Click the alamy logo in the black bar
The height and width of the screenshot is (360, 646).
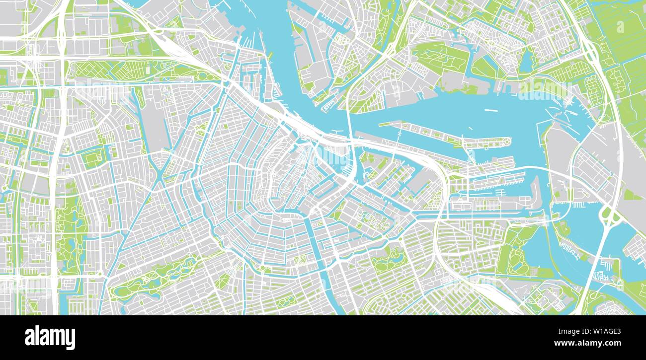pos(50,338)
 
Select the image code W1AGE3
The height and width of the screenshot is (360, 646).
pos(603,331)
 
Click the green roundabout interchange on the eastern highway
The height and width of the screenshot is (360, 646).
pos(607,216)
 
